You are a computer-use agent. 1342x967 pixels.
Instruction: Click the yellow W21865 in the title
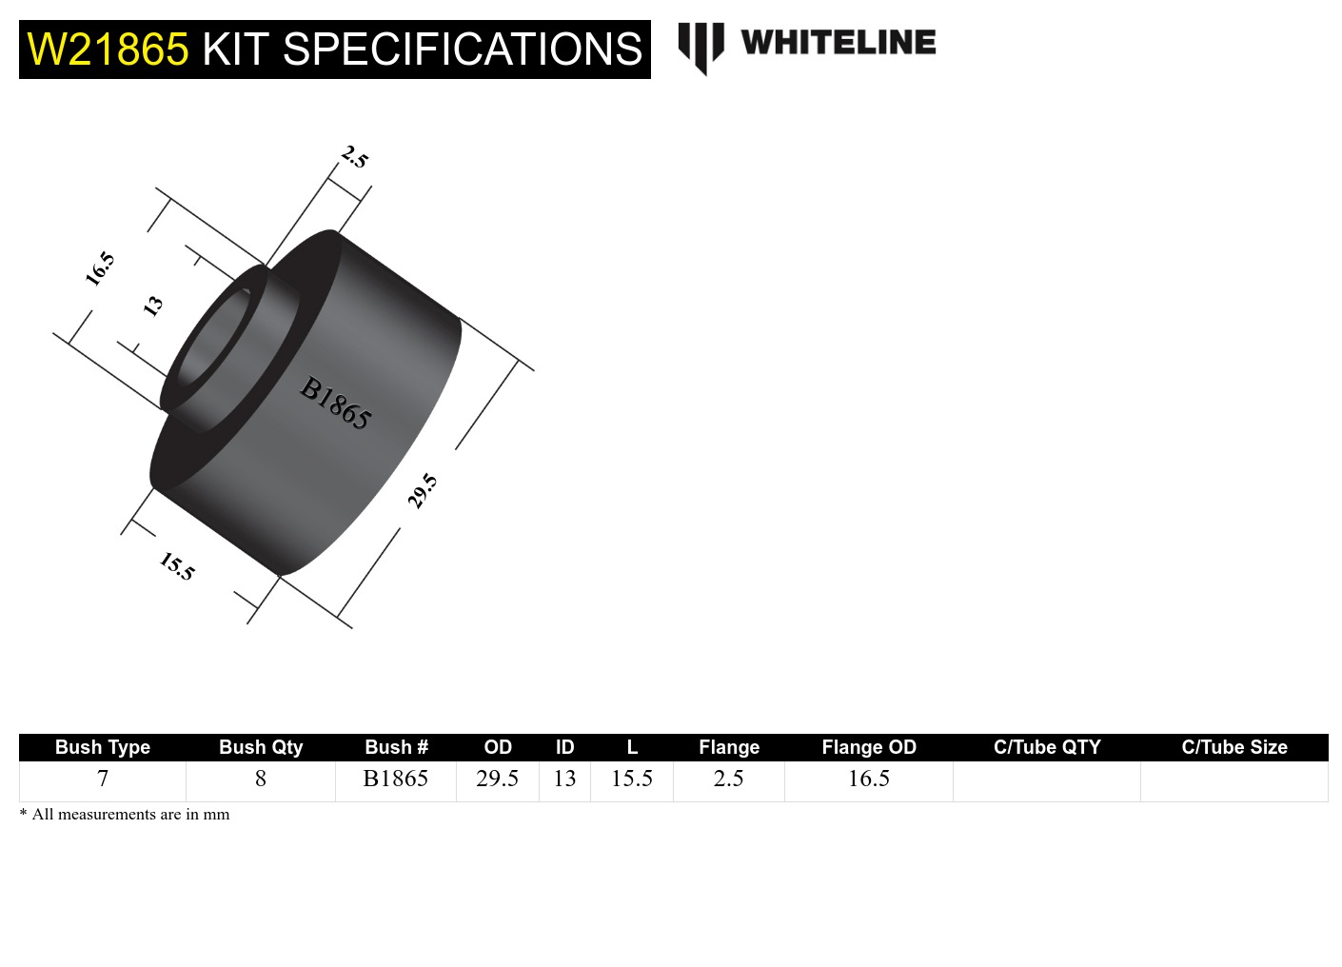click(x=108, y=49)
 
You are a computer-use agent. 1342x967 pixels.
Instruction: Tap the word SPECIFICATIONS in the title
click(x=463, y=49)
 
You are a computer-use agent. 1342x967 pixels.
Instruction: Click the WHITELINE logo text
click(x=838, y=42)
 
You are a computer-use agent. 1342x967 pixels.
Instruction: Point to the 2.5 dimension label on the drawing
click(x=354, y=157)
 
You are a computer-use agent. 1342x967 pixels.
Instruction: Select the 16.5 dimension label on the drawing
click(x=100, y=269)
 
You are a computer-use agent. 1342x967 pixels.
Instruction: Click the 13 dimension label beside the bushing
click(x=152, y=306)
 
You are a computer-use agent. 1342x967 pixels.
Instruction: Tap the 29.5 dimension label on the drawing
click(x=423, y=490)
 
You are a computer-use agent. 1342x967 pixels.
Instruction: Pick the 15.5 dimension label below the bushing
click(x=177, y=566)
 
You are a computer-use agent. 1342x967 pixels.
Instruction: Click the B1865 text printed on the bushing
click(x=335, y=404)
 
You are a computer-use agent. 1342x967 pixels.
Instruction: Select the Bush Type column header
click(x=103, y=747)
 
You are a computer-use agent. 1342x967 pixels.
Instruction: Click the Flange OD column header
click(x=869, y=747)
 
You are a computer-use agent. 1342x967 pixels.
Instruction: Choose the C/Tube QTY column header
click(x=1047, y=747)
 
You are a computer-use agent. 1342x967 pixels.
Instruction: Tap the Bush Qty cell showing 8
click(x=261, y=780)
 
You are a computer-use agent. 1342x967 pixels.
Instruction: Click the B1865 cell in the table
click(x=396, y=780)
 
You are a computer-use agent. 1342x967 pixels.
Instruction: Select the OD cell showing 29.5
click(x=498, y=780)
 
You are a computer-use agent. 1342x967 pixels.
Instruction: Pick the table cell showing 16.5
click(x=869, y=780)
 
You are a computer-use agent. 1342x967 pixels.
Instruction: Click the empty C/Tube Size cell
click(x=1234, y=780)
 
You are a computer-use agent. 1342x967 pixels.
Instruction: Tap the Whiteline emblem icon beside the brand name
click(x=701, y=46)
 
